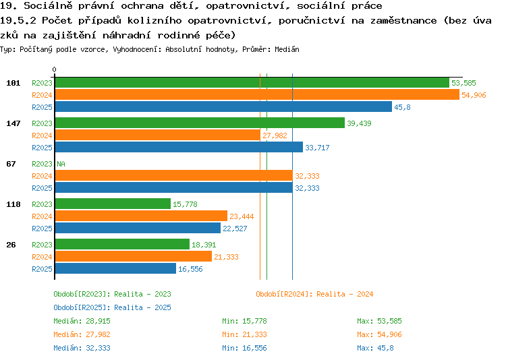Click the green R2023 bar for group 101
[252, 83]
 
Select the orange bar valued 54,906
[257, 95]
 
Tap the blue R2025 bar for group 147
[179, 148]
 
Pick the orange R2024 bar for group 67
[174, 176]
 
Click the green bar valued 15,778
[113, 204]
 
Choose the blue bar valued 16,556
[115, 269]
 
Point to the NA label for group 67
[61, 164]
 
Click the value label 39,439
[359, 123]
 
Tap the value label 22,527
[235, 229]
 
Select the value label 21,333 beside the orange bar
[226, 257]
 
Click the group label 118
[13, 204]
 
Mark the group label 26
[11, 245]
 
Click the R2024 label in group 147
[42, 136]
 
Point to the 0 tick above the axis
[54, 69]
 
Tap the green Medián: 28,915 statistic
[82, 322]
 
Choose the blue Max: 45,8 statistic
[375, 348]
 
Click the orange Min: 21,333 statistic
[245, 334]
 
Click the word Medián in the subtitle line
[287, 49]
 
